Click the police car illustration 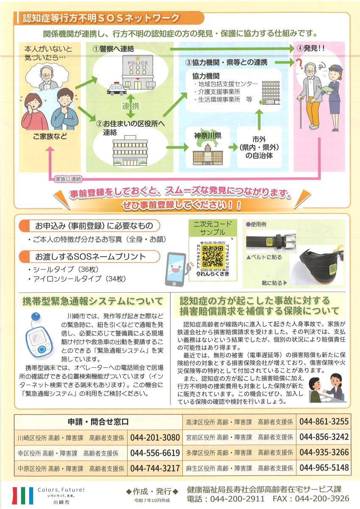(x=117, y=89)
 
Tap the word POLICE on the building (x=138, y=63)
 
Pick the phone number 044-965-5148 (x=324, y=467)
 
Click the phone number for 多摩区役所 (x=324, y=452)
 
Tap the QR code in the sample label (x=212, y=256)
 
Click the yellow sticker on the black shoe (x=333, y=269)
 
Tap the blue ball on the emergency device (x=36, y=316)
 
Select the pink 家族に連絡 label (x=68, y=179)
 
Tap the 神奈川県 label (x=208, y=136)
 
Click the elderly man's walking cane (x=301, y=112)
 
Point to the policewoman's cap (x=335, y=68)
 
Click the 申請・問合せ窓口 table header (x=98, y=422)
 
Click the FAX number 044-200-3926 (x=322, y=498)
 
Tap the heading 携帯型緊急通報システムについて (x=93, y=301)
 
